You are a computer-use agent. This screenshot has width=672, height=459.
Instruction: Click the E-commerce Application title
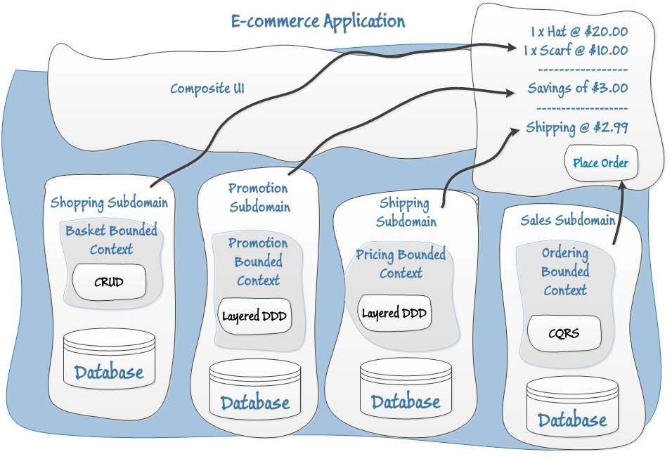click(x=318, y=21)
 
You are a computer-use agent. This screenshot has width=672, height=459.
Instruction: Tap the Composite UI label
click(x=207, y=89)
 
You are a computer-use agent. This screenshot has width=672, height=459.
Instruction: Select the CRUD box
click(x=109, y=282)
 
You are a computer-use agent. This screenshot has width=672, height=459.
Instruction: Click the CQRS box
click(x=564, y=332)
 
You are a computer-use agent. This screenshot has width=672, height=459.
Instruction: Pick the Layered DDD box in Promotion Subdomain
click(x=254, y=316)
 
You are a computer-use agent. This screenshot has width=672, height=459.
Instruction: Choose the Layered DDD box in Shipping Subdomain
click(x=394, y=313)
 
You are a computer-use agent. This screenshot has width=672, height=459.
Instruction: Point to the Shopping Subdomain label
click(x=109, y=203)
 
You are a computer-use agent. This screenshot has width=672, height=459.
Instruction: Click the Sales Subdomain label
click(x=568, y=220)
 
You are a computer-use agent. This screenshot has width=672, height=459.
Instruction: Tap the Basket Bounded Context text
click(x=111, y=240)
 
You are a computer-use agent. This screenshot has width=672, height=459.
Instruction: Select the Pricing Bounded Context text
click(x=401, y=264)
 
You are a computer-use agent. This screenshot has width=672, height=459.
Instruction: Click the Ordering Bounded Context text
click(x=565, y=271)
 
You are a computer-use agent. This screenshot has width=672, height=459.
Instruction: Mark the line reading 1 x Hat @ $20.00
click(x=579, y=32)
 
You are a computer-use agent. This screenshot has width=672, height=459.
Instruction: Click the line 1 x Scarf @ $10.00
click(x=576, y=51)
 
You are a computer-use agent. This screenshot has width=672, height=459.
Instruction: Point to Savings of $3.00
click(x=578, y=89)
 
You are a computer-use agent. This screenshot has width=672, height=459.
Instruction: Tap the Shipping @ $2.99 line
click(x=577, y=128)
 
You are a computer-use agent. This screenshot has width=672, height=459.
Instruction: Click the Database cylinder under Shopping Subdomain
click(x=109, y=359)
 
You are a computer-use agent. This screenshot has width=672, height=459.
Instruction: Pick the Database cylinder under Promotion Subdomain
click(x=255, y=390)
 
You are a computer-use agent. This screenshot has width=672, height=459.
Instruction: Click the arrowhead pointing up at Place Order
click(x=621, y=185)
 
